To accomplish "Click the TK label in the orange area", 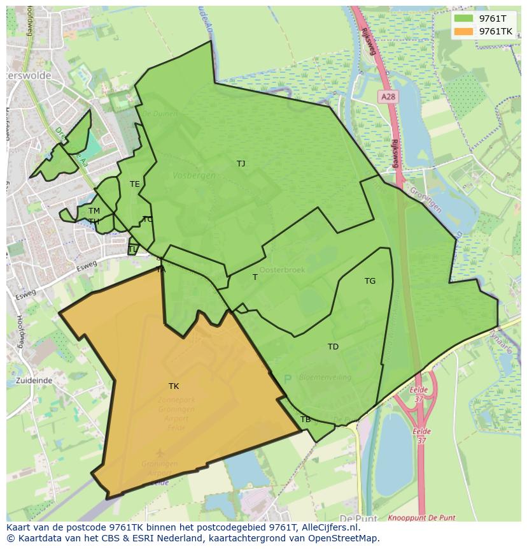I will tap(174, 386).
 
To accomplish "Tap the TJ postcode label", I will tap(241, 164).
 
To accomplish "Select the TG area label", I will tap(370, 281).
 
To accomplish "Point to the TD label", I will tap(333, 347).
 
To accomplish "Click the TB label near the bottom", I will tap(306, 420).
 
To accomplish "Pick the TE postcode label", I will tap(134, 184).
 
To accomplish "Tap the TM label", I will tap(94, 211).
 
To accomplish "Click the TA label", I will tap(161, 270).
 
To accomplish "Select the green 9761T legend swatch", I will tap(464, 18).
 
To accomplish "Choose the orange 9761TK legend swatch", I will tap(464, 31).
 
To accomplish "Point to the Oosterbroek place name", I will tap(282, 270).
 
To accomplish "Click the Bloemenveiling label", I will tap(325, 377).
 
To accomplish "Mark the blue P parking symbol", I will tap(287, 379).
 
